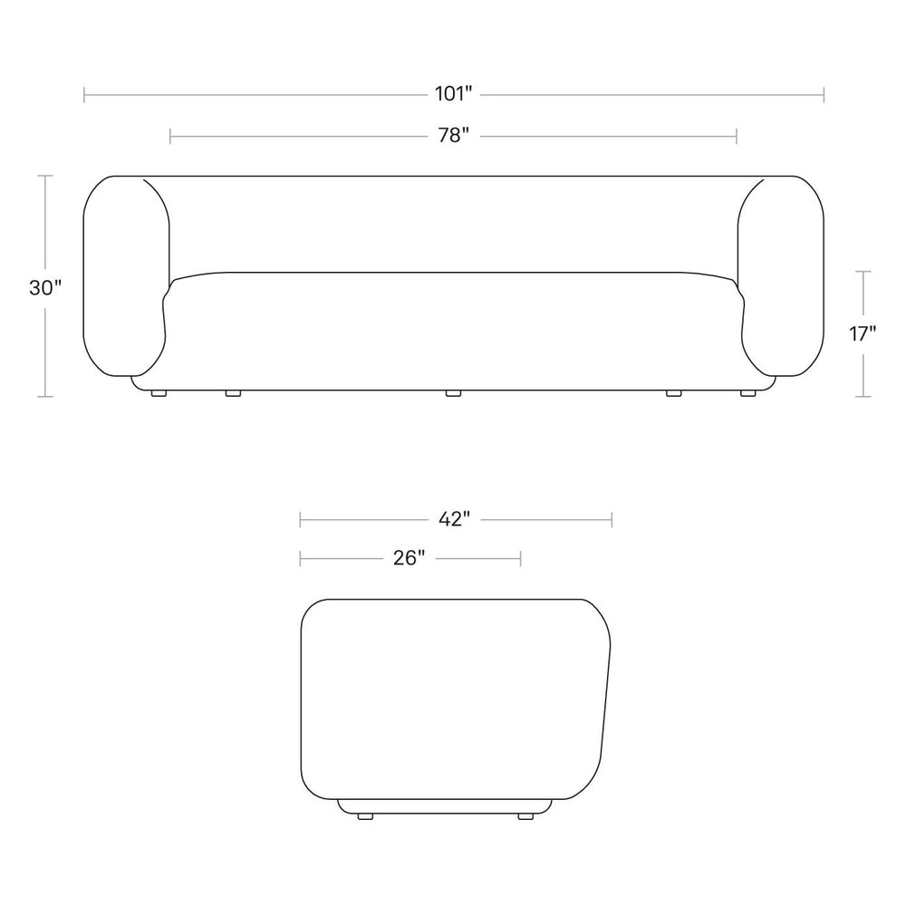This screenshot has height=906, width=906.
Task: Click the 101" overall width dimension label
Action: pos(454,93)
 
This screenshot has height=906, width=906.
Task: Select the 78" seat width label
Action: pos(454,136)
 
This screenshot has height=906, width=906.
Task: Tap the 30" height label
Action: pos(45,287)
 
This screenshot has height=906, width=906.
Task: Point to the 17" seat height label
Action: pos(863,333)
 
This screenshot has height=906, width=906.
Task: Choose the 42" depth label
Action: pos(454,519)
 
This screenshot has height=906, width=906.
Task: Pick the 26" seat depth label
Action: pos(410,558)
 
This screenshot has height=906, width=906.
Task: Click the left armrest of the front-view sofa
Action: pos(127,276)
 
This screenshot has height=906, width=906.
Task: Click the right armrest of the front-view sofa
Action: pos(781,276)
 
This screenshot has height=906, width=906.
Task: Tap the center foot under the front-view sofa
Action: pos(454,393)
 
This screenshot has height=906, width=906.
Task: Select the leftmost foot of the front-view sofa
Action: pos(159,393)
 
